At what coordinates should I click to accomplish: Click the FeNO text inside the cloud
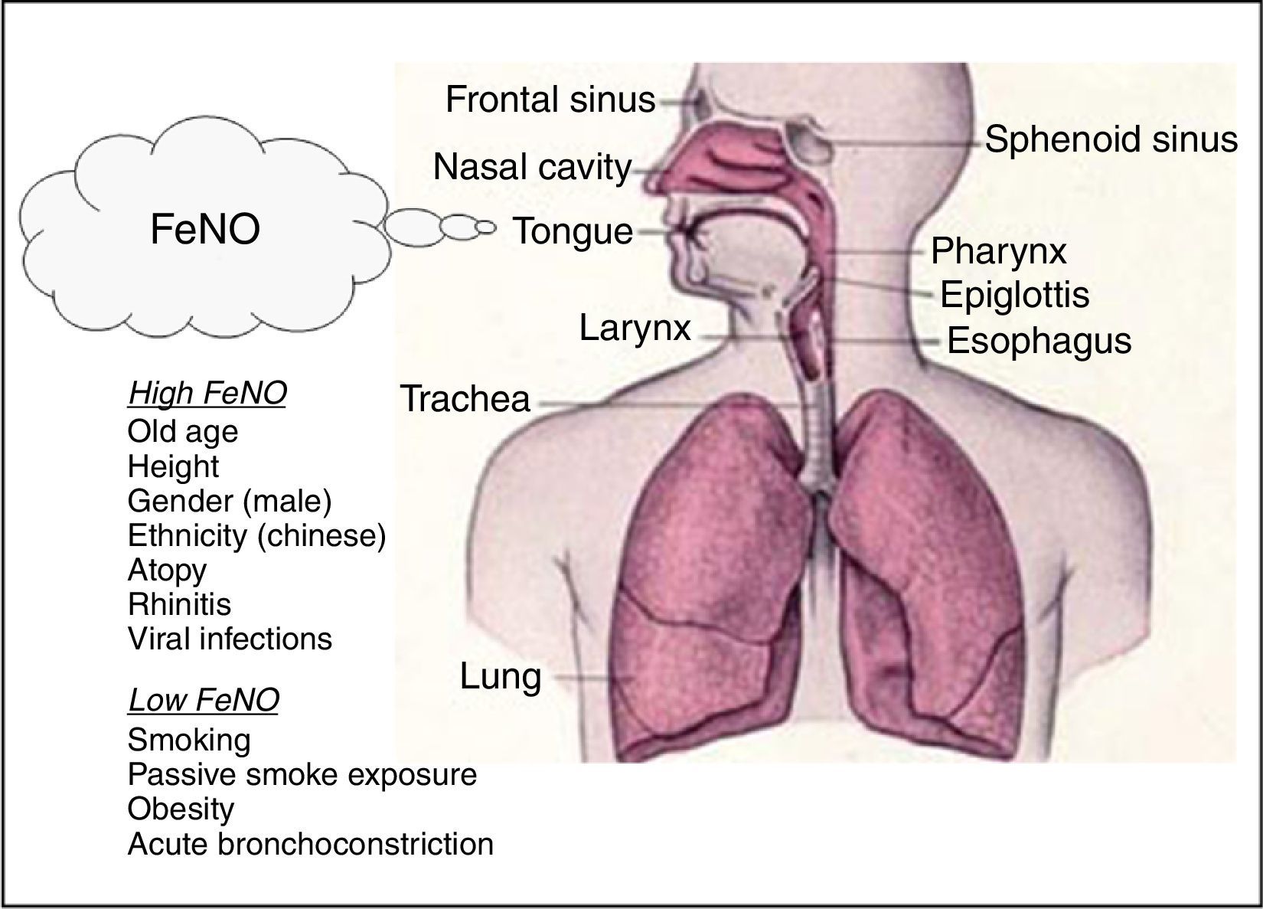pos(205,229)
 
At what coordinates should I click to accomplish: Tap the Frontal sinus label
pos(550,100)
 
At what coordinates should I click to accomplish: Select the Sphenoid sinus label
pos(1111,140)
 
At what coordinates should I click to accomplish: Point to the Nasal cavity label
pos(533,167)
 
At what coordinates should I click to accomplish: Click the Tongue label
pos(573,231)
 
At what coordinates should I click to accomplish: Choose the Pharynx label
pos(998,251)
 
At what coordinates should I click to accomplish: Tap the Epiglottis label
pos(1014,295)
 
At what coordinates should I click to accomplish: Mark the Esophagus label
pos(1039,341)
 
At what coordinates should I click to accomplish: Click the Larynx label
pos(635,328)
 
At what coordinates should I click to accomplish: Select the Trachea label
pos(465,399)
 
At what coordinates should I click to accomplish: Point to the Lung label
pos(501,676)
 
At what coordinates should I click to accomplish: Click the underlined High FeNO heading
pos(207,393)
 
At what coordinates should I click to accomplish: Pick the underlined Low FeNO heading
pos(204,699)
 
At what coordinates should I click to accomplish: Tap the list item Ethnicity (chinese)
pos(256,535)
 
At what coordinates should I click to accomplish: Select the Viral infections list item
pos(230,639)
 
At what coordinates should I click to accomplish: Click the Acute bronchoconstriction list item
pos(310,844)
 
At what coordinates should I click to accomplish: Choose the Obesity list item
pos(181,809)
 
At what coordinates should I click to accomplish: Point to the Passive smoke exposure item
pos(302,774)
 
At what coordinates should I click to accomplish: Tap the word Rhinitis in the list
pos(179,604)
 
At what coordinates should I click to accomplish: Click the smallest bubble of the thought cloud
pos(486,227)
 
